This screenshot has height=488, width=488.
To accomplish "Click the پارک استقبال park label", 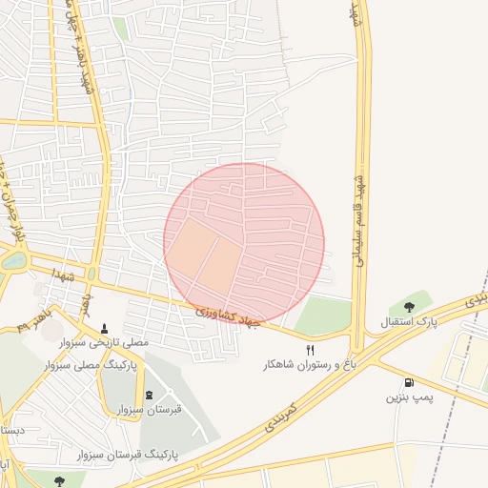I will [x=409, y=322].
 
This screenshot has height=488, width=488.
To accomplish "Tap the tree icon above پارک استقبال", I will [x=409, y=307].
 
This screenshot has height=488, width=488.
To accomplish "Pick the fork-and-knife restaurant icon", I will [x=310, y=351].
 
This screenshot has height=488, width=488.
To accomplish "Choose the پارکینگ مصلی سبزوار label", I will [x=91, y=365].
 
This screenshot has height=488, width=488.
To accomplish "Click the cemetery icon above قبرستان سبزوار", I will [x=148, y=395].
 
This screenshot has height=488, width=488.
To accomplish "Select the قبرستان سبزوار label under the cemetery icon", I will [x=149, y=409].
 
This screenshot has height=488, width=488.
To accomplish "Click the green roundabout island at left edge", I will [x=11, y=260].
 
